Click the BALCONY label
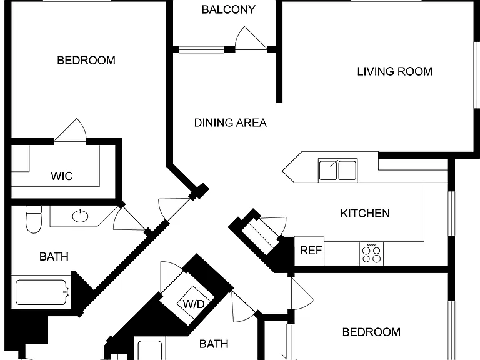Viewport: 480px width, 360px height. pos(228,10)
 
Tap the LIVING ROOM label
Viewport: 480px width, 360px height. pos(394,72)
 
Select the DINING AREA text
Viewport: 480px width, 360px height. pos(231,122)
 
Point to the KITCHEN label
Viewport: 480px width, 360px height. pos(365,213)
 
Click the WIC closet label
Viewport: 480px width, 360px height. pos(62,176)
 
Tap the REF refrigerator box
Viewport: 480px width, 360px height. pos(309,251)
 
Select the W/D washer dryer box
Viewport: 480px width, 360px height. pos(194,303)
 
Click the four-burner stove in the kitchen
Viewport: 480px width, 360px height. pos(371,254)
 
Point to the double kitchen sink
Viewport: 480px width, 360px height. pos(337,170)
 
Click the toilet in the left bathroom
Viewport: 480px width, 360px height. pos(34,219)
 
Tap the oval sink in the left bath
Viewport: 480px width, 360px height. pos(80,216)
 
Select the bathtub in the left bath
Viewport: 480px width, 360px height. pos(41,292)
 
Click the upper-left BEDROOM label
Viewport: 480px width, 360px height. pos(86,60)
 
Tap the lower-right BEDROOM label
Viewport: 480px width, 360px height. pos(371,332)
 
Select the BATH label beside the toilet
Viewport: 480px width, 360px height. pos(54,256)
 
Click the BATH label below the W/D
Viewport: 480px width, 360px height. pos(214,344)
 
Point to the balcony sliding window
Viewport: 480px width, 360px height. pos(201,49)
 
